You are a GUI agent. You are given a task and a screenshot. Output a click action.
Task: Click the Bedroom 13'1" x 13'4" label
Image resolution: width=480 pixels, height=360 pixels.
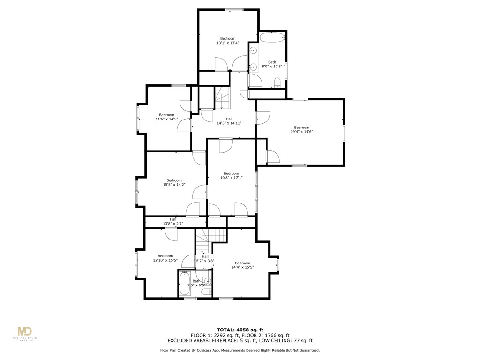228,41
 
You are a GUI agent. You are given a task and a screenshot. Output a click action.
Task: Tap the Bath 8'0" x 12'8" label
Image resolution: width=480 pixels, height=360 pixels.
272,64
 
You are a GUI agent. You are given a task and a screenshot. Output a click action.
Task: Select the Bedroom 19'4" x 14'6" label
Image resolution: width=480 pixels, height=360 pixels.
301,130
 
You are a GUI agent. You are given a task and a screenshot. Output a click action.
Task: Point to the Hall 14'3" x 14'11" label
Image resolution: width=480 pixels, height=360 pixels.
229,121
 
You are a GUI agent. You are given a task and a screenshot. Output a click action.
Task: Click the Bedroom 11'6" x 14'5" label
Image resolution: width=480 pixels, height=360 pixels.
166,117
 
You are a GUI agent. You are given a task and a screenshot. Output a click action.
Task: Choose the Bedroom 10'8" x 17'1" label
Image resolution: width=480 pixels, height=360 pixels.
231,175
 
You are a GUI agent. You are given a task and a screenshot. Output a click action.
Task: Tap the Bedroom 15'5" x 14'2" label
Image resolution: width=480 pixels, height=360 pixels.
174,182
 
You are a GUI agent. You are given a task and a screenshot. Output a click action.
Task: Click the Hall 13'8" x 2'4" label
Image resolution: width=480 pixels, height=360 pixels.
173,222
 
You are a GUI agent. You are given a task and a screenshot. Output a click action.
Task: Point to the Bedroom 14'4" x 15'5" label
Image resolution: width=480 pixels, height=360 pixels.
242,265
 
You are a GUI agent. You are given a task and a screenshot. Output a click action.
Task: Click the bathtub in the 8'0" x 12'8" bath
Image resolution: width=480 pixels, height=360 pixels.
272,38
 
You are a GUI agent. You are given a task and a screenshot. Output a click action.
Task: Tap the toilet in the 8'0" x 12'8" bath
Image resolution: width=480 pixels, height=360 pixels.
277,83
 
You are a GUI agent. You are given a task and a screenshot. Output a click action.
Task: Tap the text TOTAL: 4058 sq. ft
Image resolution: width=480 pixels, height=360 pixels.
240,329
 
